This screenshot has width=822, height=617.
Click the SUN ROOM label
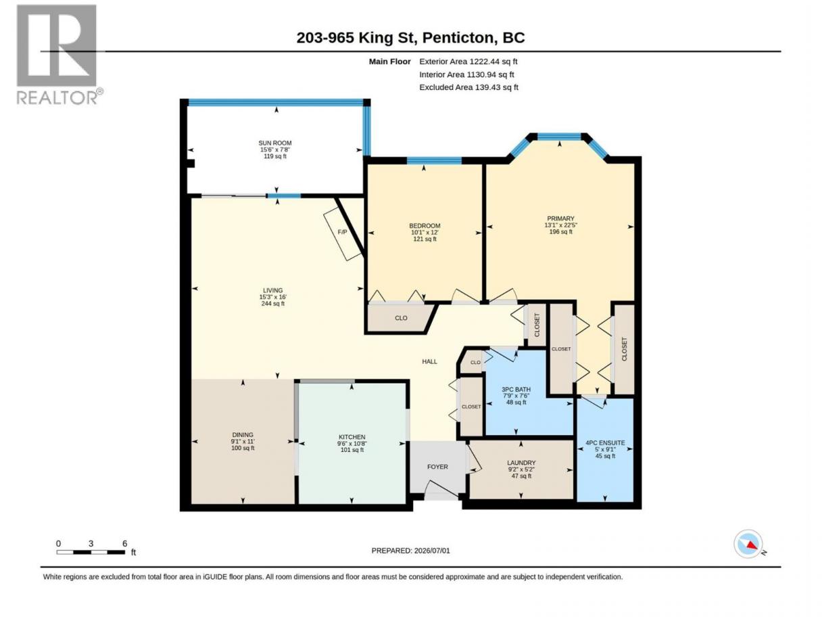(x=274, y=143)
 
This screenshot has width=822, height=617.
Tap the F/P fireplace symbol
(x=342, y=233)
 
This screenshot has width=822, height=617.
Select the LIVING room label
(x=272, y=290)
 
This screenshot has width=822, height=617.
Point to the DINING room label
(x=242, y=435)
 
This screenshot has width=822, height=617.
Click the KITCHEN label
(x=352, y=437)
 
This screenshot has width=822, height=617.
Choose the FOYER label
(x=437, y=467)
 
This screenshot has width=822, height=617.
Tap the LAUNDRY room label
(x=521, y=463)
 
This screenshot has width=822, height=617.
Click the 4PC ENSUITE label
(x=605, y=443)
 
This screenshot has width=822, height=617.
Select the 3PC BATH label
(x=516, y=389)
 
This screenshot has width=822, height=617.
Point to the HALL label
(x=429, y=361)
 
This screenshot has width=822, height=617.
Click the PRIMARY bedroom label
(x=560, y=219)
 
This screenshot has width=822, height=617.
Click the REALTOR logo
(x=59, y=55)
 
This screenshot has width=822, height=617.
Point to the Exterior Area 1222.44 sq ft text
(x=468, y=62)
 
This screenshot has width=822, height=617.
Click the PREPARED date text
(x=410, y=551)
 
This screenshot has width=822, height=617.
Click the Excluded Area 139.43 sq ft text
(x=468, y=87)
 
